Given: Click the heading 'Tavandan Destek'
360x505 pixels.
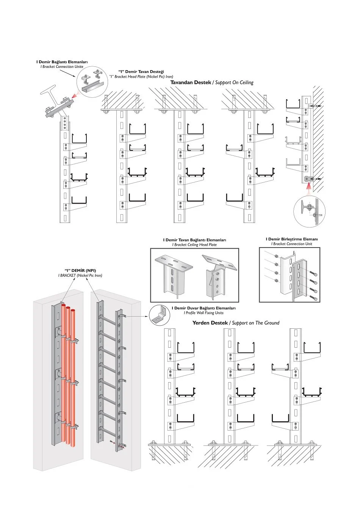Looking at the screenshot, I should [190, 82].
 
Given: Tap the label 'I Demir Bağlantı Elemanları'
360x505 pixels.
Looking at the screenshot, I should [62, 62].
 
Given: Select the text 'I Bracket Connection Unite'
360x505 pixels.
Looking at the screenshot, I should [62, 67].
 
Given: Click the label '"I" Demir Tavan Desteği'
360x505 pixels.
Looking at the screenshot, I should [141, 72].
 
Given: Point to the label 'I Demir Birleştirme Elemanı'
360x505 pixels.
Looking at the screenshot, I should [291, 239].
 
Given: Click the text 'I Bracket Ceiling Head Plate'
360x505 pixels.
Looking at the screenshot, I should [194, 245].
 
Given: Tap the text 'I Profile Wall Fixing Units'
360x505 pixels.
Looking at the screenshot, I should [203, 313].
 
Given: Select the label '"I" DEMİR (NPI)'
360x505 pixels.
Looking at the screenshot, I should [80, 271].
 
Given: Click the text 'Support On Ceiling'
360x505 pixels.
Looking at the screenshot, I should [234, 82].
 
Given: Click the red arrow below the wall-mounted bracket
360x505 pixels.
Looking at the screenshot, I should [309, 186].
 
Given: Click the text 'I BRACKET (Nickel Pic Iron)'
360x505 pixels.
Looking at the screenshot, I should [80, 276].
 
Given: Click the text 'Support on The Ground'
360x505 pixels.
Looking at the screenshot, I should [255, 323].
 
